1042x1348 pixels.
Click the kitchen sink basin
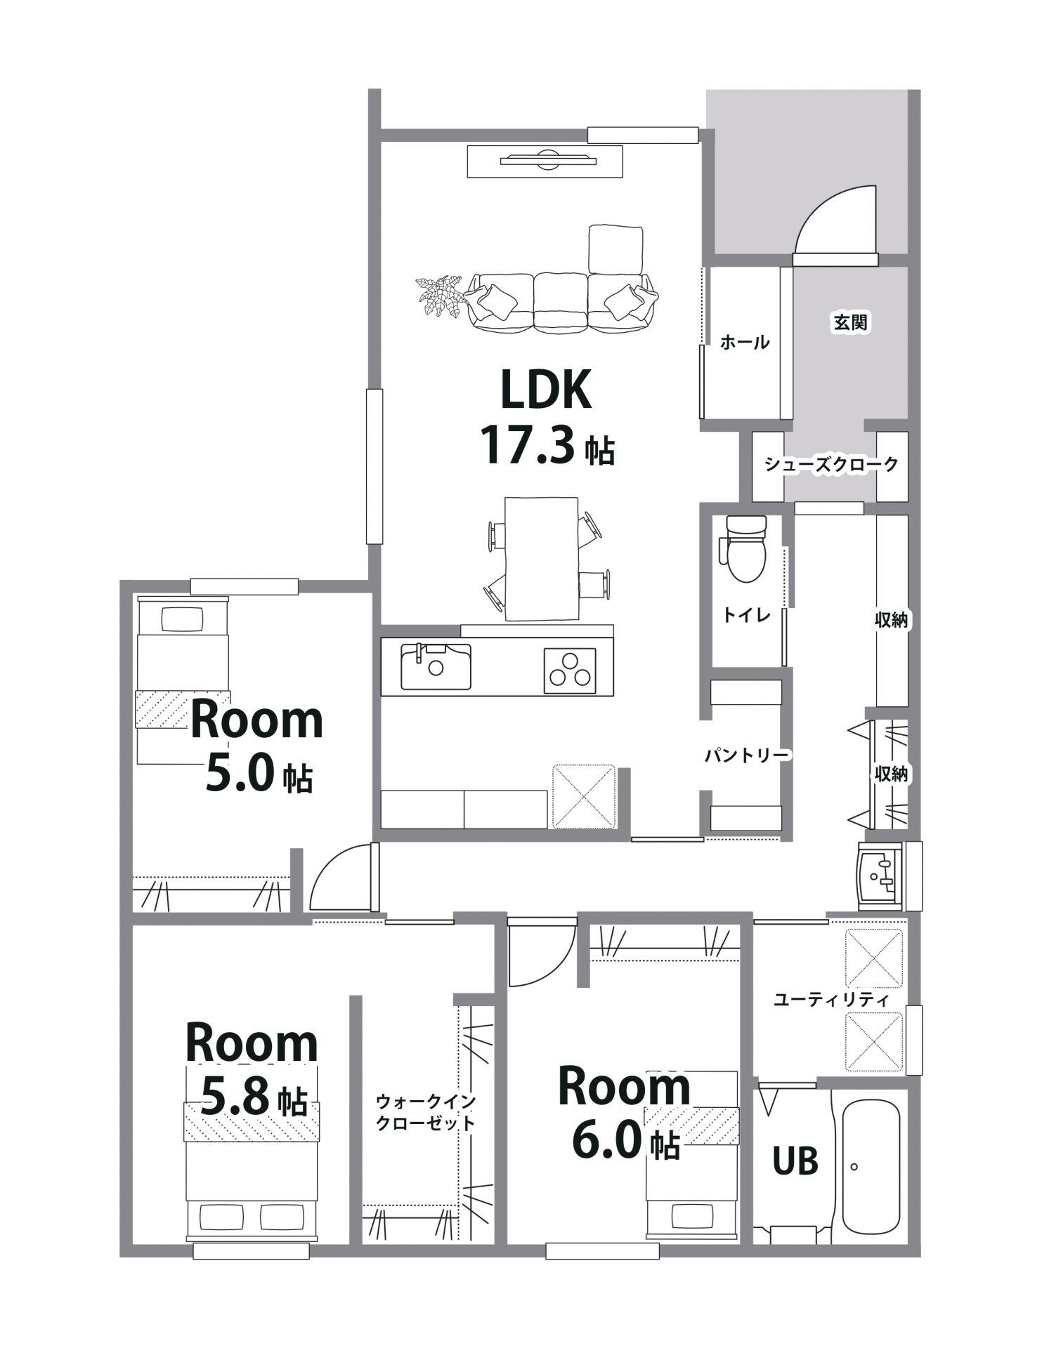tap(436, 666)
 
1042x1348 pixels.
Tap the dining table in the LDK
tap(541, 559)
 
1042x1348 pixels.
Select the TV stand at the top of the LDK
tap(545, 161)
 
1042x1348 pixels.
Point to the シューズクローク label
tap(831, 464)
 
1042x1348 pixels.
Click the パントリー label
tap(748, 755)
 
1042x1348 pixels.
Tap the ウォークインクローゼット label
tap(425, 1111)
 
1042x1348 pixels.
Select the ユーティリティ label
tap(831, 999)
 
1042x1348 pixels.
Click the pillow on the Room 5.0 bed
tap(183, 619)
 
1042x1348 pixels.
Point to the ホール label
tap(745, 343)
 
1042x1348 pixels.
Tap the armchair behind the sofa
tap(616, 249)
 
